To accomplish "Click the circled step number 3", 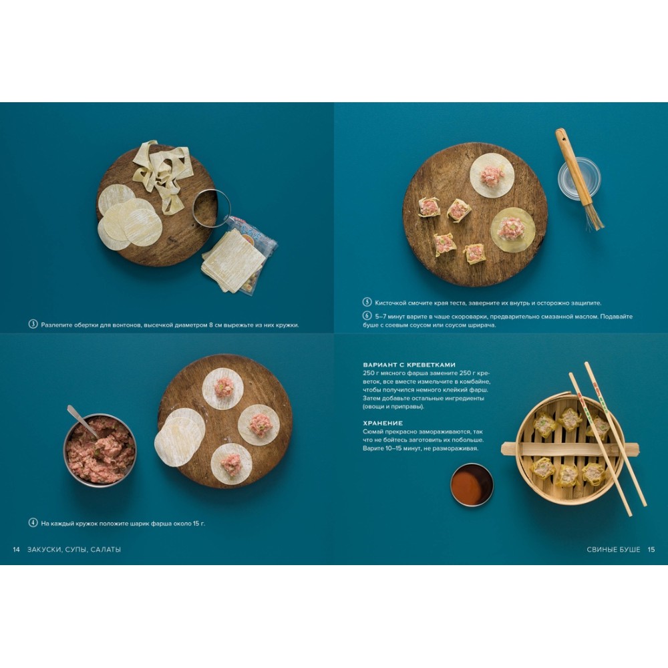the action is click(x=33, y=324).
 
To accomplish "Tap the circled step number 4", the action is click(x=33, y=523).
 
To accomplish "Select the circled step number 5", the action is click(x=367, y=302).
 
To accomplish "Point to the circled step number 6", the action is click(x=367, y=316).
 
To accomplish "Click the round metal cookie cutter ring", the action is click(x=211, y=208).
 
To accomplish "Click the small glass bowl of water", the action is click(x=579, y=178).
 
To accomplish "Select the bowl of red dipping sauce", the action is click(x=472, y=485).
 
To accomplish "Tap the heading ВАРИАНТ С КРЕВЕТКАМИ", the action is click(x=409, y=365).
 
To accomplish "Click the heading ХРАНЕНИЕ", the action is click(x=383, y=423).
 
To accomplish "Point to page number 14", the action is click(x=16, y=550).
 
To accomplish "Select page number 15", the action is click(x=651, y=550).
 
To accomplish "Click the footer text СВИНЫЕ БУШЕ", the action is click(x=613, y=550).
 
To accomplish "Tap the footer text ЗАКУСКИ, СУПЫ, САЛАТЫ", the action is click(x=74, y=550).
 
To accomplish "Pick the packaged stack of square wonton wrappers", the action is click(x=239, y=256).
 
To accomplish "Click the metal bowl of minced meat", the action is click(x=100, y=450).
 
